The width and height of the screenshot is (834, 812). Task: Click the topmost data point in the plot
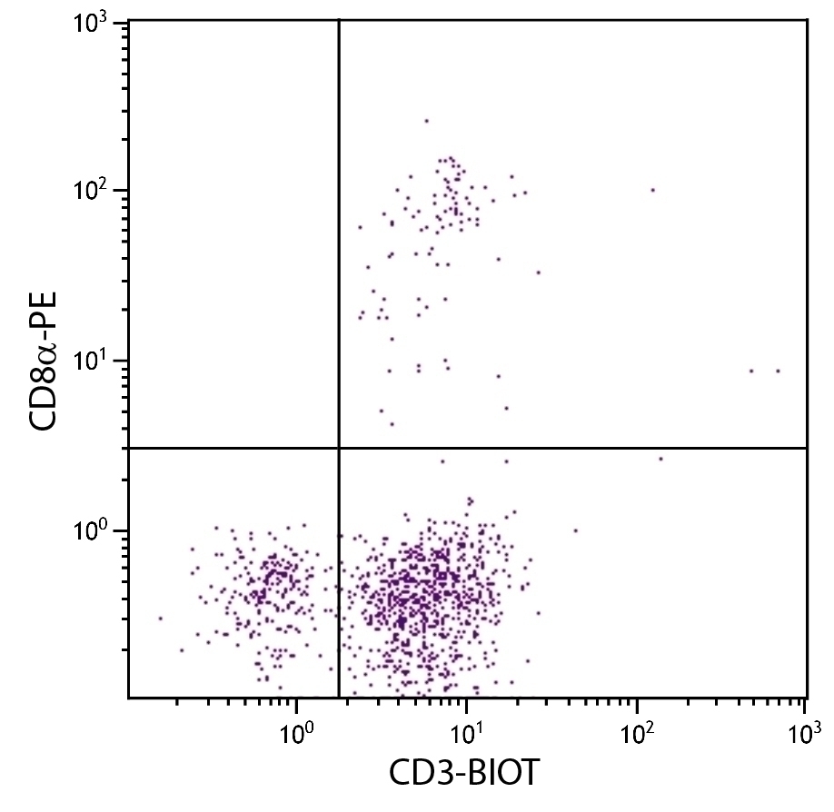tap(426, 120)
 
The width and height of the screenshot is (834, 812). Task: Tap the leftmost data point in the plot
tap(161, 618)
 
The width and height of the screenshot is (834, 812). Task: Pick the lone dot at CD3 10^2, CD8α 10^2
tap(652, 190)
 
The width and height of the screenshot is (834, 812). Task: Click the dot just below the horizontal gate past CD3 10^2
tap(660, 459)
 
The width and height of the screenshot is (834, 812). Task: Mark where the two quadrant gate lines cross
tap(339, 448)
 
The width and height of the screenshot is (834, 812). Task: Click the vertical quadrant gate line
tap(339, 227)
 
